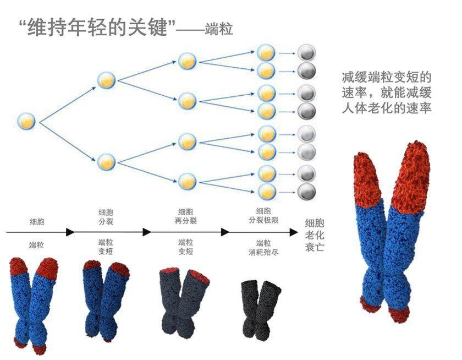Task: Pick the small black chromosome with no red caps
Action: pyautogui.click(x=261, y=310)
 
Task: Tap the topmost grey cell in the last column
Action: pyautogui.click(x=306, y=53)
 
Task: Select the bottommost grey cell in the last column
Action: pyautogui.click(x=306, y=192)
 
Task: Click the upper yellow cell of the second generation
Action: pyautogui.click(x=106, y=80)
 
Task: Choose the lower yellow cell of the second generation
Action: pyautogui.click(x=106, y=161)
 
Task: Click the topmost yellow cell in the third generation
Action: pyautogui.click(x=188, y=61)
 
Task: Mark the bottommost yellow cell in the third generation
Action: pyautogui.click(x=188, y=180)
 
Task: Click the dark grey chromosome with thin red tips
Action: pyautogui.click(x=184, y=301)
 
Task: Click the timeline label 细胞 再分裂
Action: pyautogui.click(x=185, y=216)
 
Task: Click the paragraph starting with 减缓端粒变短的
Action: pyautogui.click(x=386, y=92)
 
